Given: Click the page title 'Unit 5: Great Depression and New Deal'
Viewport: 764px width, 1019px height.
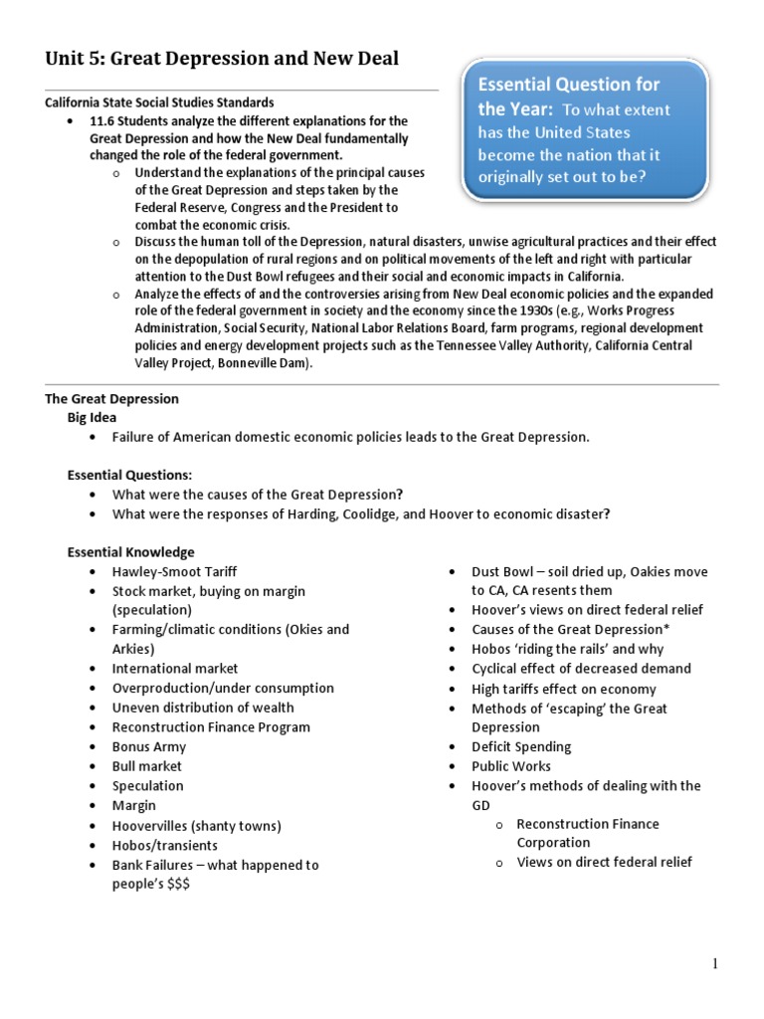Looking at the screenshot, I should pyautogui.click(x=222, y=59).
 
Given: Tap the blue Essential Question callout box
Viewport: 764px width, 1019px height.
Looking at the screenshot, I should pyautogui.click(x=585, y=130).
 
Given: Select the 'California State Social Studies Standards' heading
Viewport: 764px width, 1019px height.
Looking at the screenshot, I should pyautogui.click(x=159, y=102).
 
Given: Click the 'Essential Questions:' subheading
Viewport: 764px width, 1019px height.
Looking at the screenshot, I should pyautogui.click(x=129, y=475).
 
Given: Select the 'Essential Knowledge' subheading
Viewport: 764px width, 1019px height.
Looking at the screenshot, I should pyautogui.click(x=130, y=552).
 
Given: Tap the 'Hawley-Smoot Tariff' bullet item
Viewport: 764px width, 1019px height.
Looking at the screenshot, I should pyautogui.click(x=174, y=572).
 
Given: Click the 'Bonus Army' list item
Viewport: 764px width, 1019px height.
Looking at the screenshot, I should pyautogui.click(x=149, y=746).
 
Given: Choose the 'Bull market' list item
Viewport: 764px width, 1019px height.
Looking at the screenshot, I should pyautogui.click(x=147, y=766).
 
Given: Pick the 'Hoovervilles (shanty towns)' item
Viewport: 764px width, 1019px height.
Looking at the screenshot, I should pyautogui.click(x=197, y=825).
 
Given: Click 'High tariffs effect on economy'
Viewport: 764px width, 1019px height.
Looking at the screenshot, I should pyautogui.click(x=564, y=689).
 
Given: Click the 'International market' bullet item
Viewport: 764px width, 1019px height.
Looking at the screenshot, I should pyautogui.click(x=175, y=669).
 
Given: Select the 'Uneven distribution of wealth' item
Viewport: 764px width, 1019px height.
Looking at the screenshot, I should pyautogui.click(x=203, y=708).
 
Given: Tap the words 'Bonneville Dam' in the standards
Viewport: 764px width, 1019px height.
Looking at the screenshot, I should pyautogui.click(x=264, y=364).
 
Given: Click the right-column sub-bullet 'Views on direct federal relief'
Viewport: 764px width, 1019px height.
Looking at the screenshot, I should pyautogui.click(x=604, y=862).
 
